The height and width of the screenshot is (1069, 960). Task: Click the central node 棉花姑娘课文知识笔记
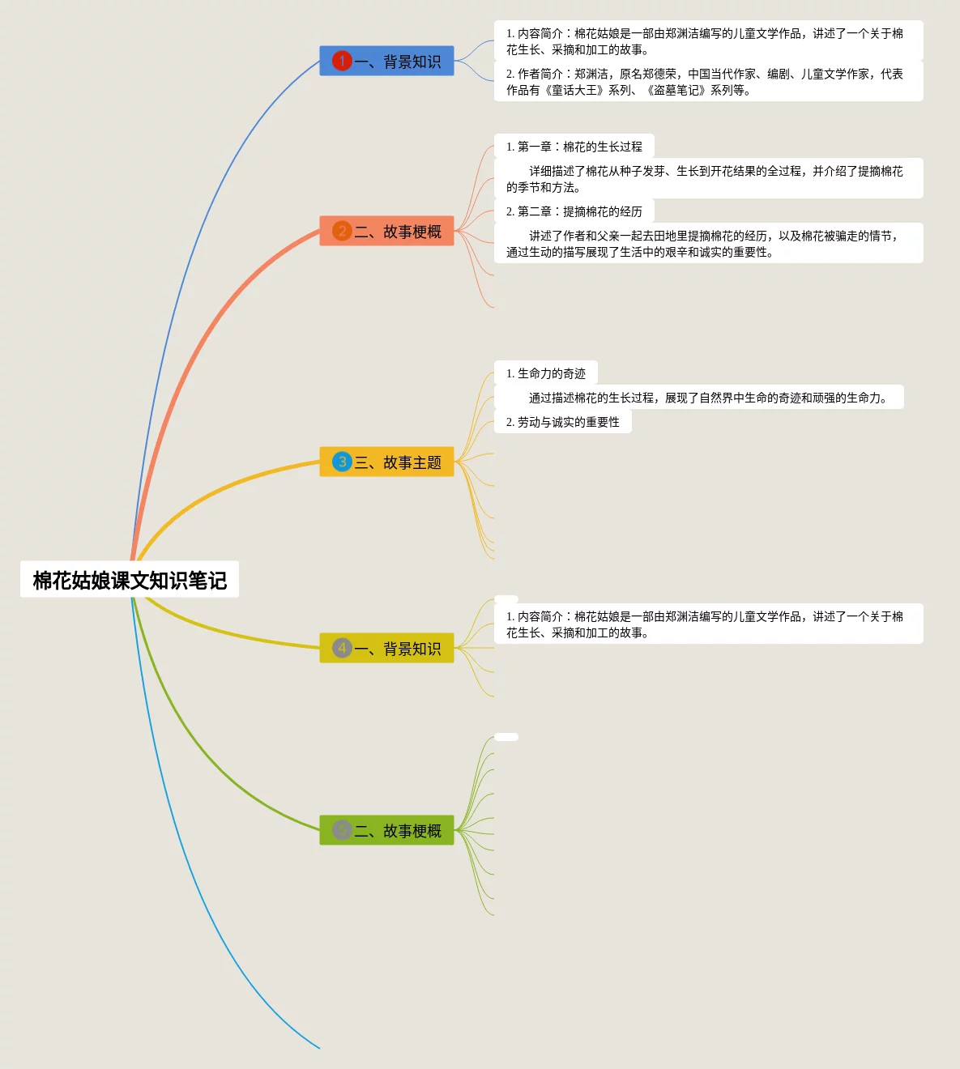pos(130,580)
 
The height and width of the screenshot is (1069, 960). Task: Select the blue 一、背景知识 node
pos(386,62)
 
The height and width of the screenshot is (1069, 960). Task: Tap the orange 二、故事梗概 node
pos(386,232)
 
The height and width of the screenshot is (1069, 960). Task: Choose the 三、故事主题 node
pos(386,462)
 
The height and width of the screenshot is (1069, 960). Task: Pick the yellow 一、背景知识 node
pos(386,649)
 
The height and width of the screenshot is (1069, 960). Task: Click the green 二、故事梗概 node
pos(386,831)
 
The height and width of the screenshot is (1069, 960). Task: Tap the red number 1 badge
pos(342,61)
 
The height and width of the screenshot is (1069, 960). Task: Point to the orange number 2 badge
pos(342,232)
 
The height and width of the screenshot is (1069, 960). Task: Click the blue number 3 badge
pos(342,462)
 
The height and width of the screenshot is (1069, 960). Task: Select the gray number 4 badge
pos(342,648)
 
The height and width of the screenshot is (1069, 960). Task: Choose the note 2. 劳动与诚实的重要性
pos(562,422)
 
